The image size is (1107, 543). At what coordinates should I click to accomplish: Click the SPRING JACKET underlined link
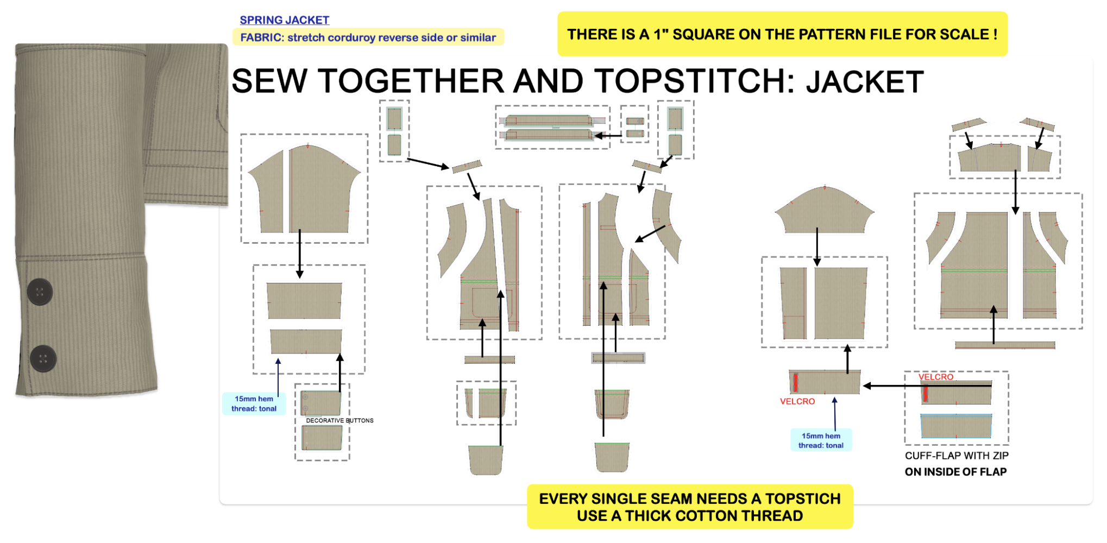tap(285, 20)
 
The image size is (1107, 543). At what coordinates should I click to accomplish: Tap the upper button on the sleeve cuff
tap(40, 292)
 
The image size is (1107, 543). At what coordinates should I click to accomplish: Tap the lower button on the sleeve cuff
tap(43, 358)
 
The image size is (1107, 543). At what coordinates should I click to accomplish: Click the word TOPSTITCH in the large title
tap(691, 81)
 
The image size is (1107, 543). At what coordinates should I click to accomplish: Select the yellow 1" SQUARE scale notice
tap(782, 34)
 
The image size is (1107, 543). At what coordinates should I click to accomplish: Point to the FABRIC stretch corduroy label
tap(368, 37)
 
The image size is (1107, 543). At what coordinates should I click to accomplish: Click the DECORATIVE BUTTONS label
tap(339, 420)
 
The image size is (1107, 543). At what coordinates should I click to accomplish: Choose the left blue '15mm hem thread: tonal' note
tap(254, 403)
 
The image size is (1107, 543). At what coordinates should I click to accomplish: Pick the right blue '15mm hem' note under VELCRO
tap(821, 440)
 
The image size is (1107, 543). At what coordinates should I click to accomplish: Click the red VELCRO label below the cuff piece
tap(797, 401)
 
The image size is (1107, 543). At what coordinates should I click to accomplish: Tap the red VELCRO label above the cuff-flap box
tap(936, 377)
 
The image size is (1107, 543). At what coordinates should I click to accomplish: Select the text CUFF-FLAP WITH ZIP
tap(957, 456)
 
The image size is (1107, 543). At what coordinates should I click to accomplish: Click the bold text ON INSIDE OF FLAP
tap(955, 472)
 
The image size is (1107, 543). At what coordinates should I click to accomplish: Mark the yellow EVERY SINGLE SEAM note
tap(690, 507)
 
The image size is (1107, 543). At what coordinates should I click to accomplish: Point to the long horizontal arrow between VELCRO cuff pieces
tap(927, 386)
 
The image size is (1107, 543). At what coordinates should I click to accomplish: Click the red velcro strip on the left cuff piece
tap(795, 382)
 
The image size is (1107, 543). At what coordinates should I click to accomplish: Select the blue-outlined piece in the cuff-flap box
tap(956, 426)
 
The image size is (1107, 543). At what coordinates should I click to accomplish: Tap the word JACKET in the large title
tap(865, 81)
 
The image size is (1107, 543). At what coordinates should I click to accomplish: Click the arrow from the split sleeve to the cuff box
tap(300, 254)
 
